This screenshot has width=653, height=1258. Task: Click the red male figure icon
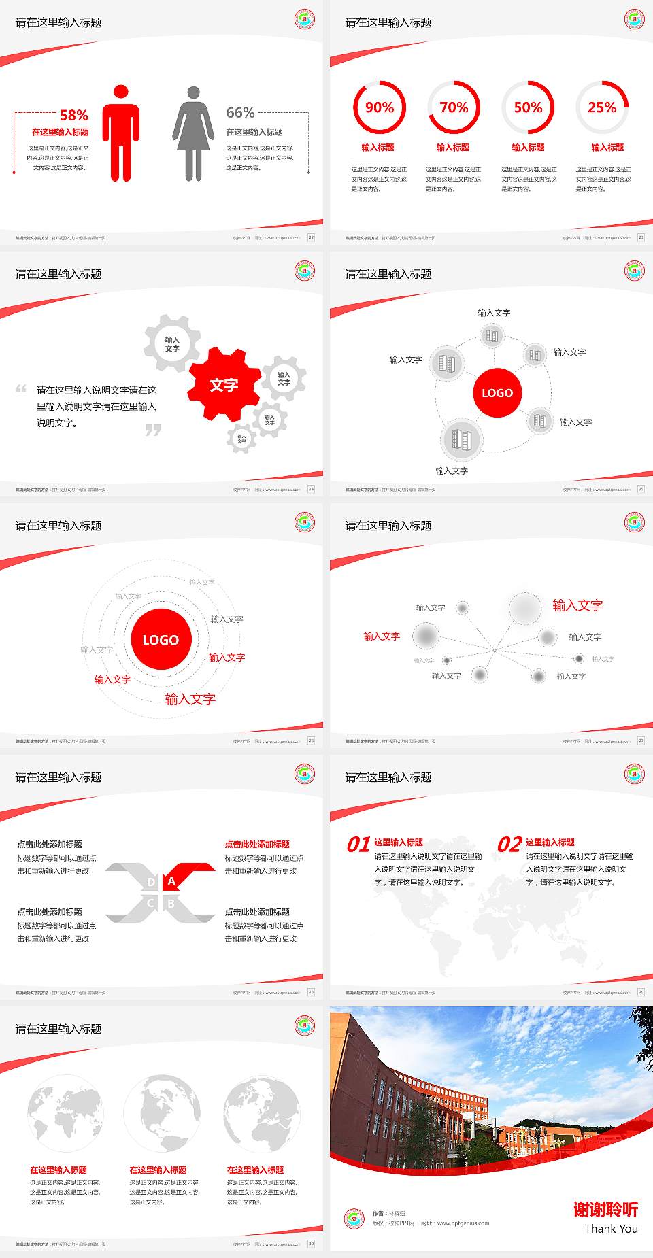click(121, 134)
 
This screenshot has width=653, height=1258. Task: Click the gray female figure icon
click(193, 134)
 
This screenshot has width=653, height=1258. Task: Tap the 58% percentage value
click(73, 115)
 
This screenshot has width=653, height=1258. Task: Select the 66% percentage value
click(240, 112)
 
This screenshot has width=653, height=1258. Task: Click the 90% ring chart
click(379, 107)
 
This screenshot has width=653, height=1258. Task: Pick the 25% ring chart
click(602, 107)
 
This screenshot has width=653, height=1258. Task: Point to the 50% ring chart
click(528, 107)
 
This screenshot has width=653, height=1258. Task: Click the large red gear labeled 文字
click(224, 385)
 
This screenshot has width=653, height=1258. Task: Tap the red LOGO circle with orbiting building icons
click(497, 392)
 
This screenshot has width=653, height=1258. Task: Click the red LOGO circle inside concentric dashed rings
click(161, 639)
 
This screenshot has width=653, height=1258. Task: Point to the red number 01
click(358, 845)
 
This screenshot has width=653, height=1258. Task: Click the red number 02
click(509, 845)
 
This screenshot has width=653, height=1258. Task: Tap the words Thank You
click(611, 1228)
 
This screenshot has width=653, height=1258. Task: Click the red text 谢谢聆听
click(605, 1209)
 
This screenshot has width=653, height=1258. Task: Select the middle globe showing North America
click(162, 1113)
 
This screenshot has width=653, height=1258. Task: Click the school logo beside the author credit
click(354, 1218)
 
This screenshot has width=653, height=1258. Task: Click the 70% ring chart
click(454, 107)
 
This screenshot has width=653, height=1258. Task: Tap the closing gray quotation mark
click(153, 430)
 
